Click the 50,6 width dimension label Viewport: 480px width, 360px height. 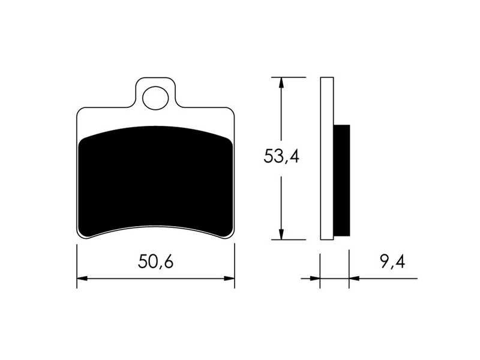point(155,262)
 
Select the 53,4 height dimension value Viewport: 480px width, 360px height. point(281,156)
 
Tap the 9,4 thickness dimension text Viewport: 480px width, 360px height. point(393,262)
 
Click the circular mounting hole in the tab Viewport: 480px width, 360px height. point(155,98)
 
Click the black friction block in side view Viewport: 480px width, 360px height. point(341,181)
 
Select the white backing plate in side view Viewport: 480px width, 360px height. point(327,158)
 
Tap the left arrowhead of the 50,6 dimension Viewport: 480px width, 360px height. point(82,278)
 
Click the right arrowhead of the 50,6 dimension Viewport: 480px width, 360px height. point(229,278)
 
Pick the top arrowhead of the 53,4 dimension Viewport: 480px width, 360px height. point(281,83)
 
